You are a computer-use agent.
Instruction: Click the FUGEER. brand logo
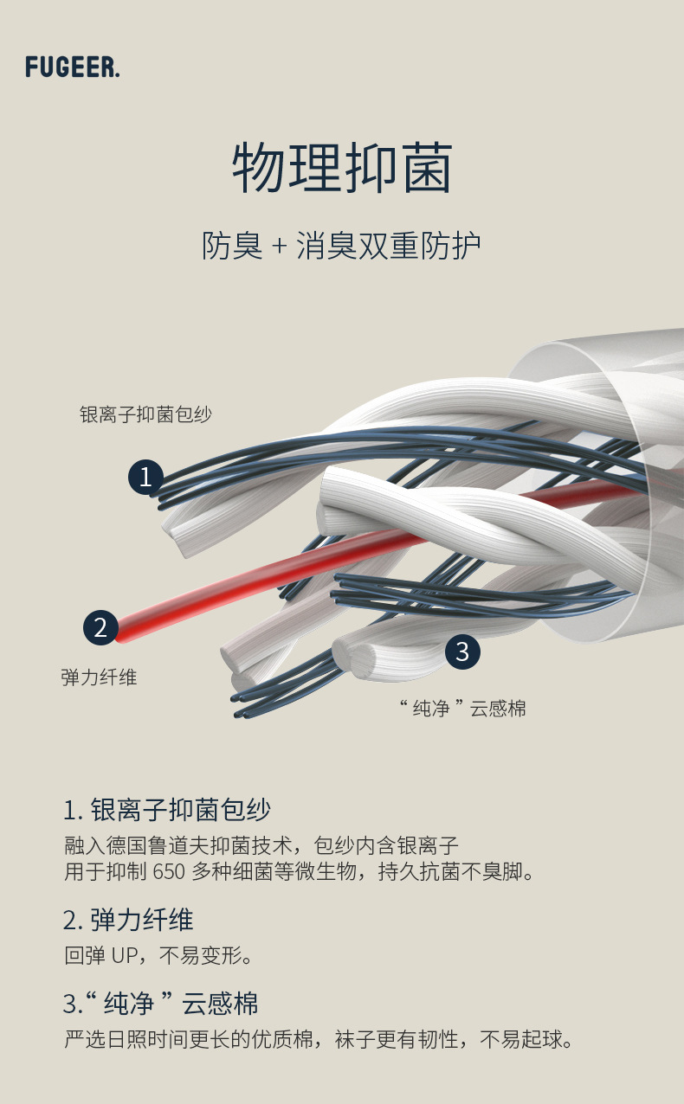coord(73,67)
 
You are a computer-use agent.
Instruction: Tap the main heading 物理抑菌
coord(342,169)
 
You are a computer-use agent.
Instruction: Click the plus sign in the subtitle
coord(279,247)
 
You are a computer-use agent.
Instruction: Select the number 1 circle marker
coord(146,477)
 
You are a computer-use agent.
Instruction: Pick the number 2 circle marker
coord(100,627)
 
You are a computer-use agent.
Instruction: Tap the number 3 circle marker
coord(462,651)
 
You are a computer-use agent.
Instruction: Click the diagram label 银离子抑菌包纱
coord(145,414)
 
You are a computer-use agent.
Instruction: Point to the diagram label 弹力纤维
coord(99,677)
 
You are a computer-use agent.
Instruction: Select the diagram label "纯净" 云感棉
coord(462,709)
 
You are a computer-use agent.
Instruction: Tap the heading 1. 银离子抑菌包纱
coord(167,811)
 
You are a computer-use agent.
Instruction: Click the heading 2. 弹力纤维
coord(128,920)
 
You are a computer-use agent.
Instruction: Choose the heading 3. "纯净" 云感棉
coord(161,1004)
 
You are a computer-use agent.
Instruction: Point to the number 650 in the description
coord(169,871)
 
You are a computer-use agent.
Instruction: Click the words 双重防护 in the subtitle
coord(419,247)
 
